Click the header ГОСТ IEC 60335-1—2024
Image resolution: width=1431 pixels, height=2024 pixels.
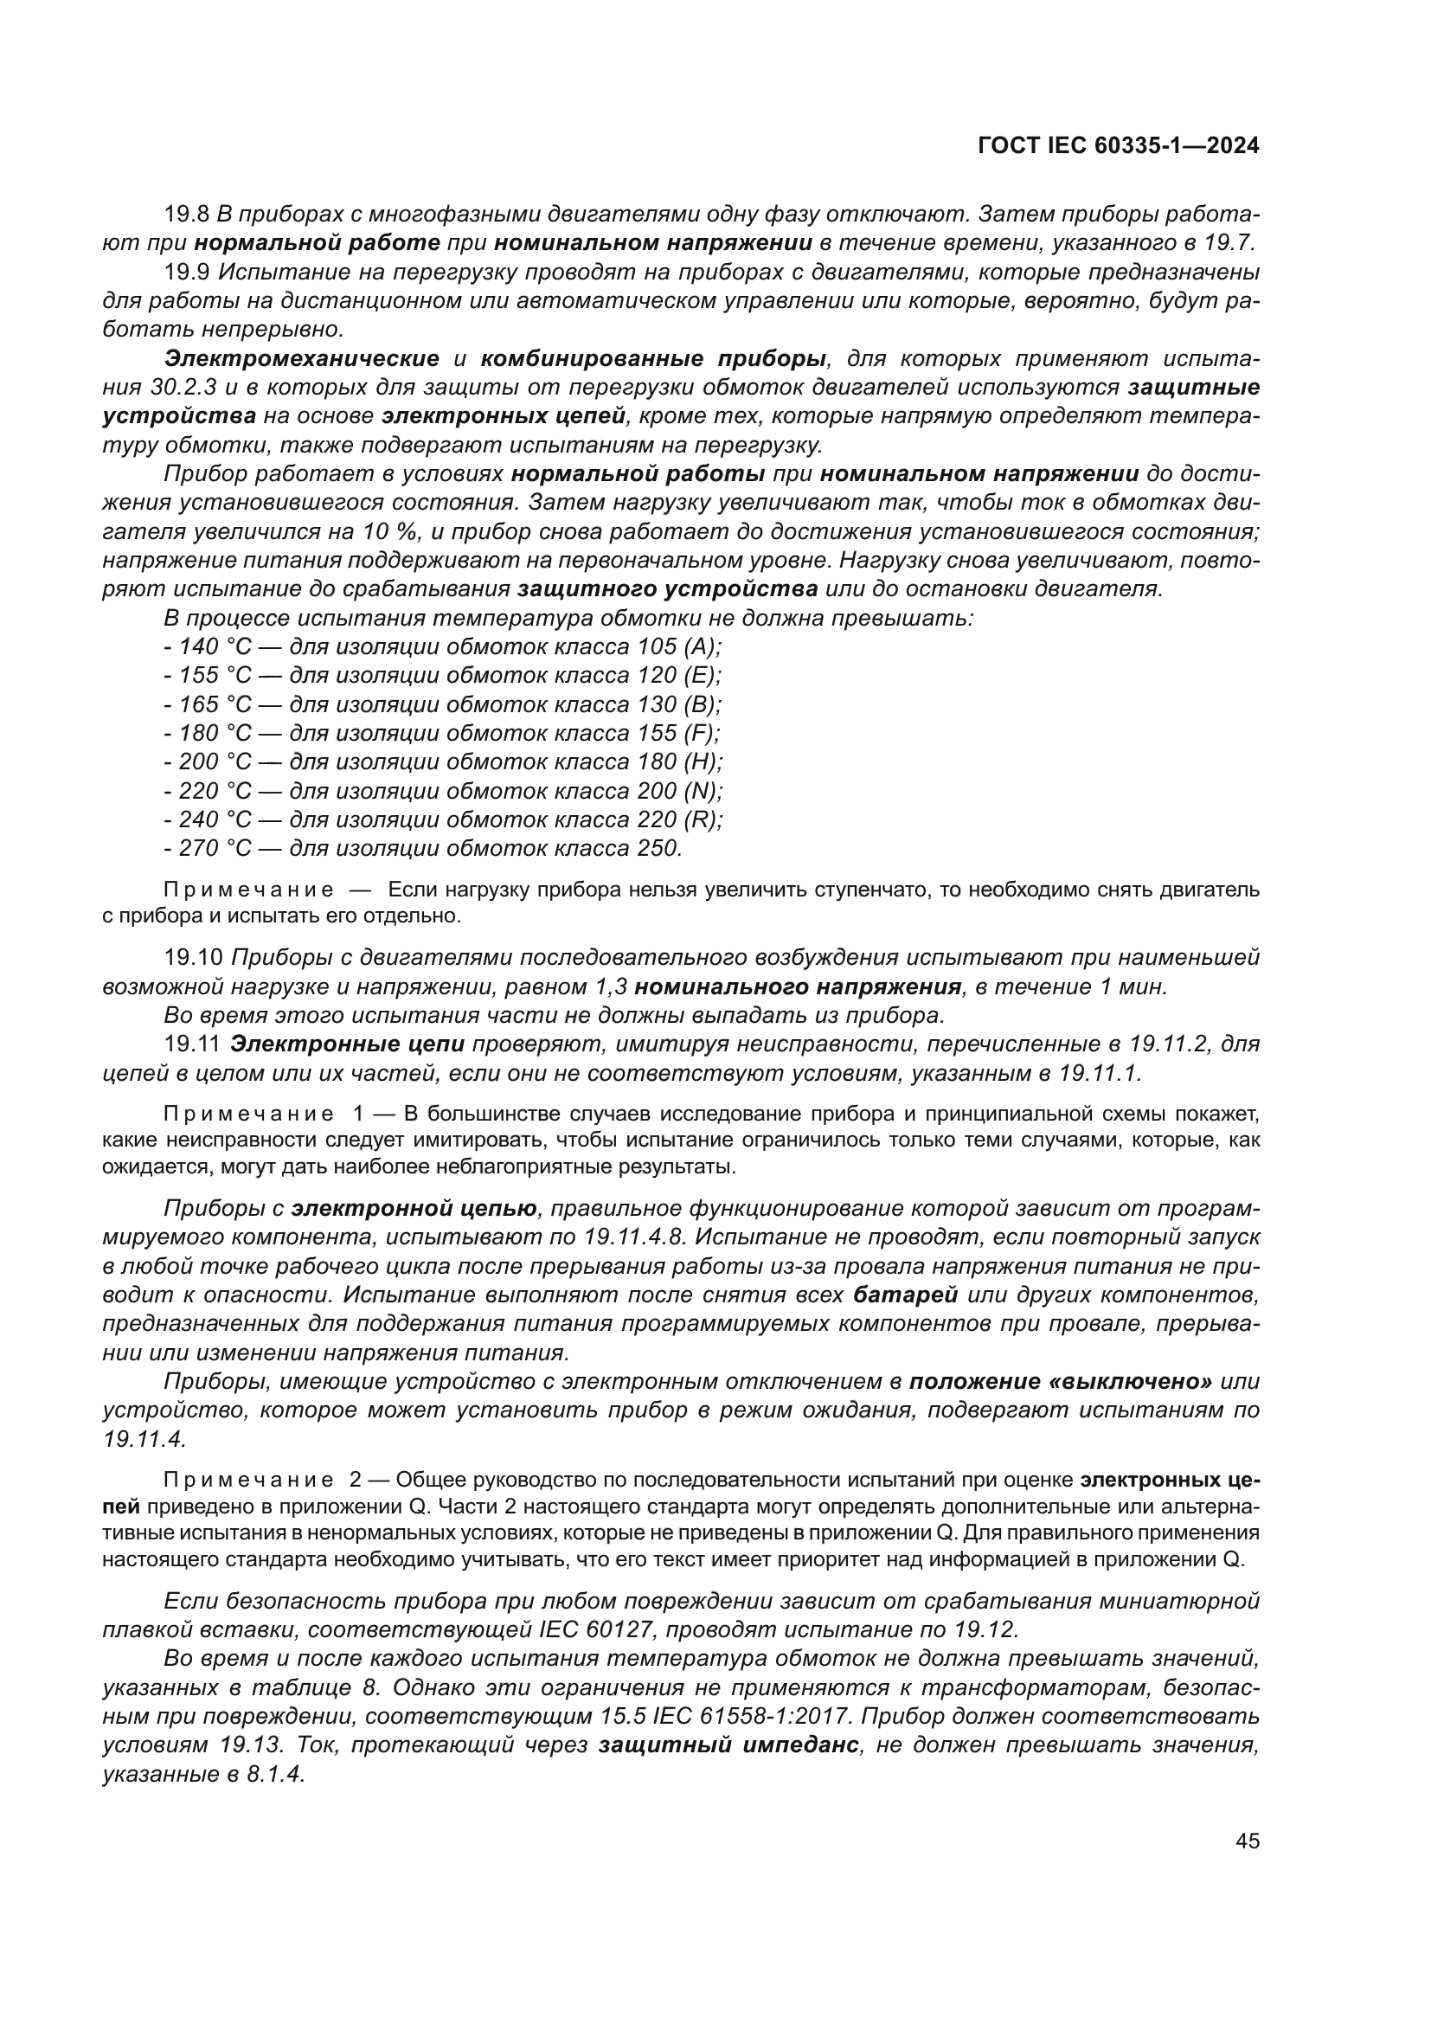pyautogui.click(x=1118, y=146)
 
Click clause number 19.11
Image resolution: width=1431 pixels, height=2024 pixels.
pyautogui.click(x=192, y=1044)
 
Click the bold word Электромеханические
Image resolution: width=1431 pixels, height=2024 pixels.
pyautogui.click(x=301, y=359)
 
